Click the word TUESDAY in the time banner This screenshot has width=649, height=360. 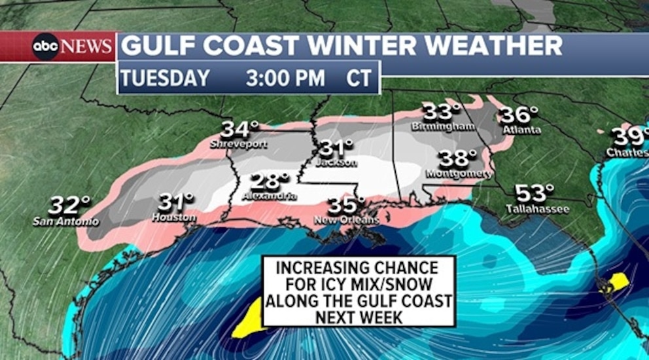click(165, 79)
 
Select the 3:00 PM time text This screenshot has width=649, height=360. click(285, 79)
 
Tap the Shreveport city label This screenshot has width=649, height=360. click(239, 144)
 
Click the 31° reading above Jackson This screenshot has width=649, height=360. click(336, 148)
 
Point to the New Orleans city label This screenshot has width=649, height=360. click(346, 220)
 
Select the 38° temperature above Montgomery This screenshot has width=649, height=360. click(458, 158)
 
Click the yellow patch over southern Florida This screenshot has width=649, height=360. click(616, 283)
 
